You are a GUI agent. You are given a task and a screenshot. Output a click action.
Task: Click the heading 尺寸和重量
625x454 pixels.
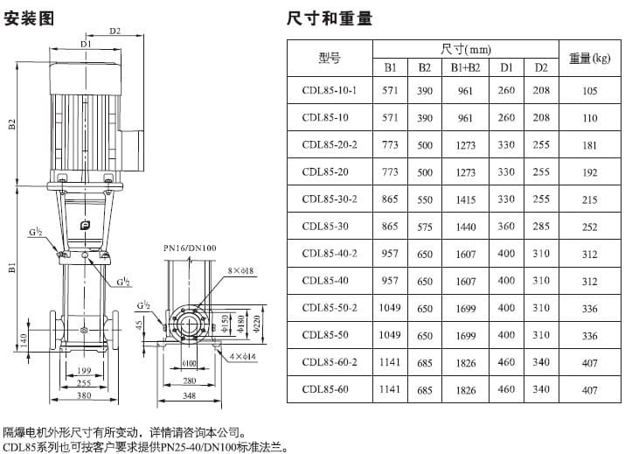point(330,17)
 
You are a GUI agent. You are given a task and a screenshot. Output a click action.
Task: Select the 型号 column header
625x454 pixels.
point(330,59)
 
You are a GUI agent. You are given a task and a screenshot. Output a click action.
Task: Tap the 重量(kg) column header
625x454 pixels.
point(590,59)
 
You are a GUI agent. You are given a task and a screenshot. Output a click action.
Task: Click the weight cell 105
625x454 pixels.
point(590,91)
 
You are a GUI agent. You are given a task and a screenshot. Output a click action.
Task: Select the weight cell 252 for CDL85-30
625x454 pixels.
point(590,227)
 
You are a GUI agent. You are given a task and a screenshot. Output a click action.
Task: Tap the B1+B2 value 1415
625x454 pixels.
point(465,199)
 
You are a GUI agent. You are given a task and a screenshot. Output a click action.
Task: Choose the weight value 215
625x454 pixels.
point(590,199)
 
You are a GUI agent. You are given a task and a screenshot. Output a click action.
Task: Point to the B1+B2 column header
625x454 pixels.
point(465,67)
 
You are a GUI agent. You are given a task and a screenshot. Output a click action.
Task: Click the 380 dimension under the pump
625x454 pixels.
point(82,395)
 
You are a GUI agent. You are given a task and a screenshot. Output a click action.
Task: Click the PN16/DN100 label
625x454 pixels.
point(189,248)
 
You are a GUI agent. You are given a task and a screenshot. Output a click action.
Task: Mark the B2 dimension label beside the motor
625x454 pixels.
point(12,123)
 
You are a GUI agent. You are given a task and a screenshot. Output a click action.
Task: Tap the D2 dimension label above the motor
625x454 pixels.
point(115,32)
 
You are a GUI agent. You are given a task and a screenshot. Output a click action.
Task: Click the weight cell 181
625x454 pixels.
point(590,145)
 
